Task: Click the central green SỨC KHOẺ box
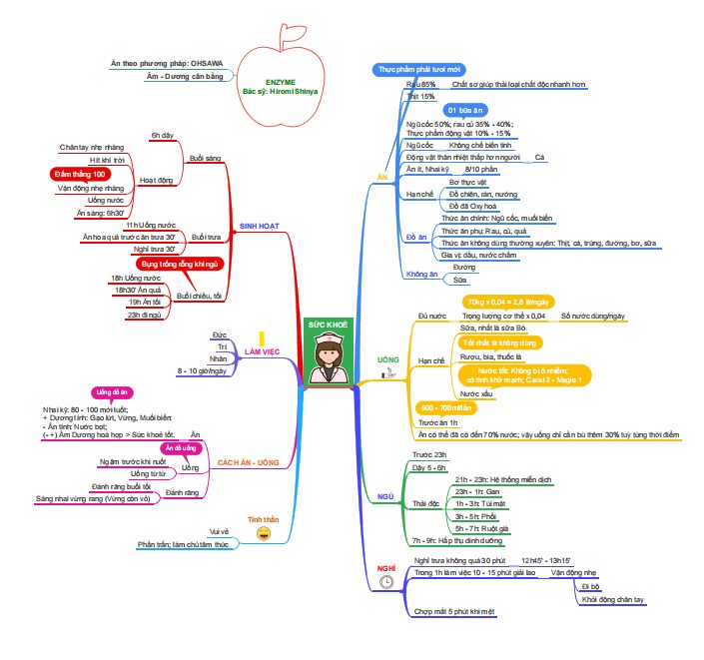pyautogui.click(x=326, y=326)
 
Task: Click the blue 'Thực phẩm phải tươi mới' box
pyautogui.click(x=419, y=69)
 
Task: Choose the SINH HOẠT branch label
pyautogui.click(x=259, y=226)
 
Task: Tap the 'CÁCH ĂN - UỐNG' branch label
pyautogui.click(x=248, y=464)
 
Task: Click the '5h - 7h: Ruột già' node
pyautogui.click(x=483, y=527)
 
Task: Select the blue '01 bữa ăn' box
pyautogui.click(x=465, y=109)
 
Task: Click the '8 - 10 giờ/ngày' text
pyautogui.click(x=202, y=370)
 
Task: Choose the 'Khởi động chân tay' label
pyautogui.click(x=612, y=600)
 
